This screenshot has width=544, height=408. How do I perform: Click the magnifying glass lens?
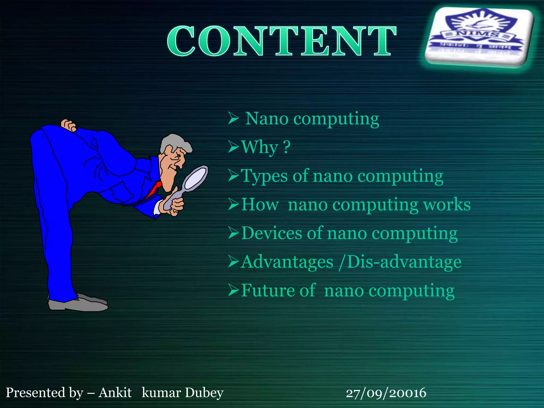196,177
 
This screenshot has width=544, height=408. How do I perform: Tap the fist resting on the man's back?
69,125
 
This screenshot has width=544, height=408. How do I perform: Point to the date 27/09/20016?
386,393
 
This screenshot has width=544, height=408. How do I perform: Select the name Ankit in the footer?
115,393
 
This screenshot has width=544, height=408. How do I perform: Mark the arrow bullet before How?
234,205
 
